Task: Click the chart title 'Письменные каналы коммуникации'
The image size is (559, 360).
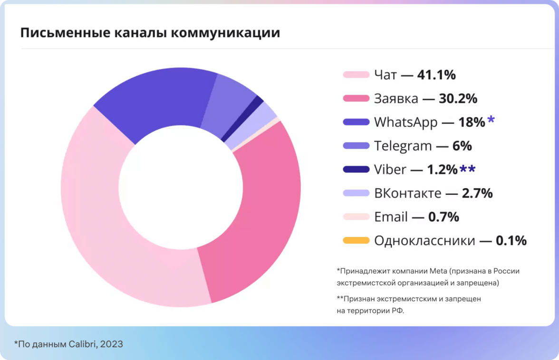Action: coord(150,33)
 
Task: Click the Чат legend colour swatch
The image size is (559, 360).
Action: coord(356,75)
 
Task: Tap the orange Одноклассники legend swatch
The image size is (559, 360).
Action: coord(356,241)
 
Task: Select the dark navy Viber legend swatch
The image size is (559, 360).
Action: coord(356,170)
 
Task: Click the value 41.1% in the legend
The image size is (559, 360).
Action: coord(436,75)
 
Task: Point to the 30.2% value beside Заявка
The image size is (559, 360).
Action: coord(458,98)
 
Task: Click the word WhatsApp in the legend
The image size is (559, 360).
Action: coord(405,123)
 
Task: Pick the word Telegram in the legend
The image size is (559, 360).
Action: coord(403,146)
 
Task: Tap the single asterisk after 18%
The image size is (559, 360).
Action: coord(491,120)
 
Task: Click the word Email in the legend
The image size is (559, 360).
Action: coord(391,217)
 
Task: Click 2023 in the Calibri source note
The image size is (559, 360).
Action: coord(112,344)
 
